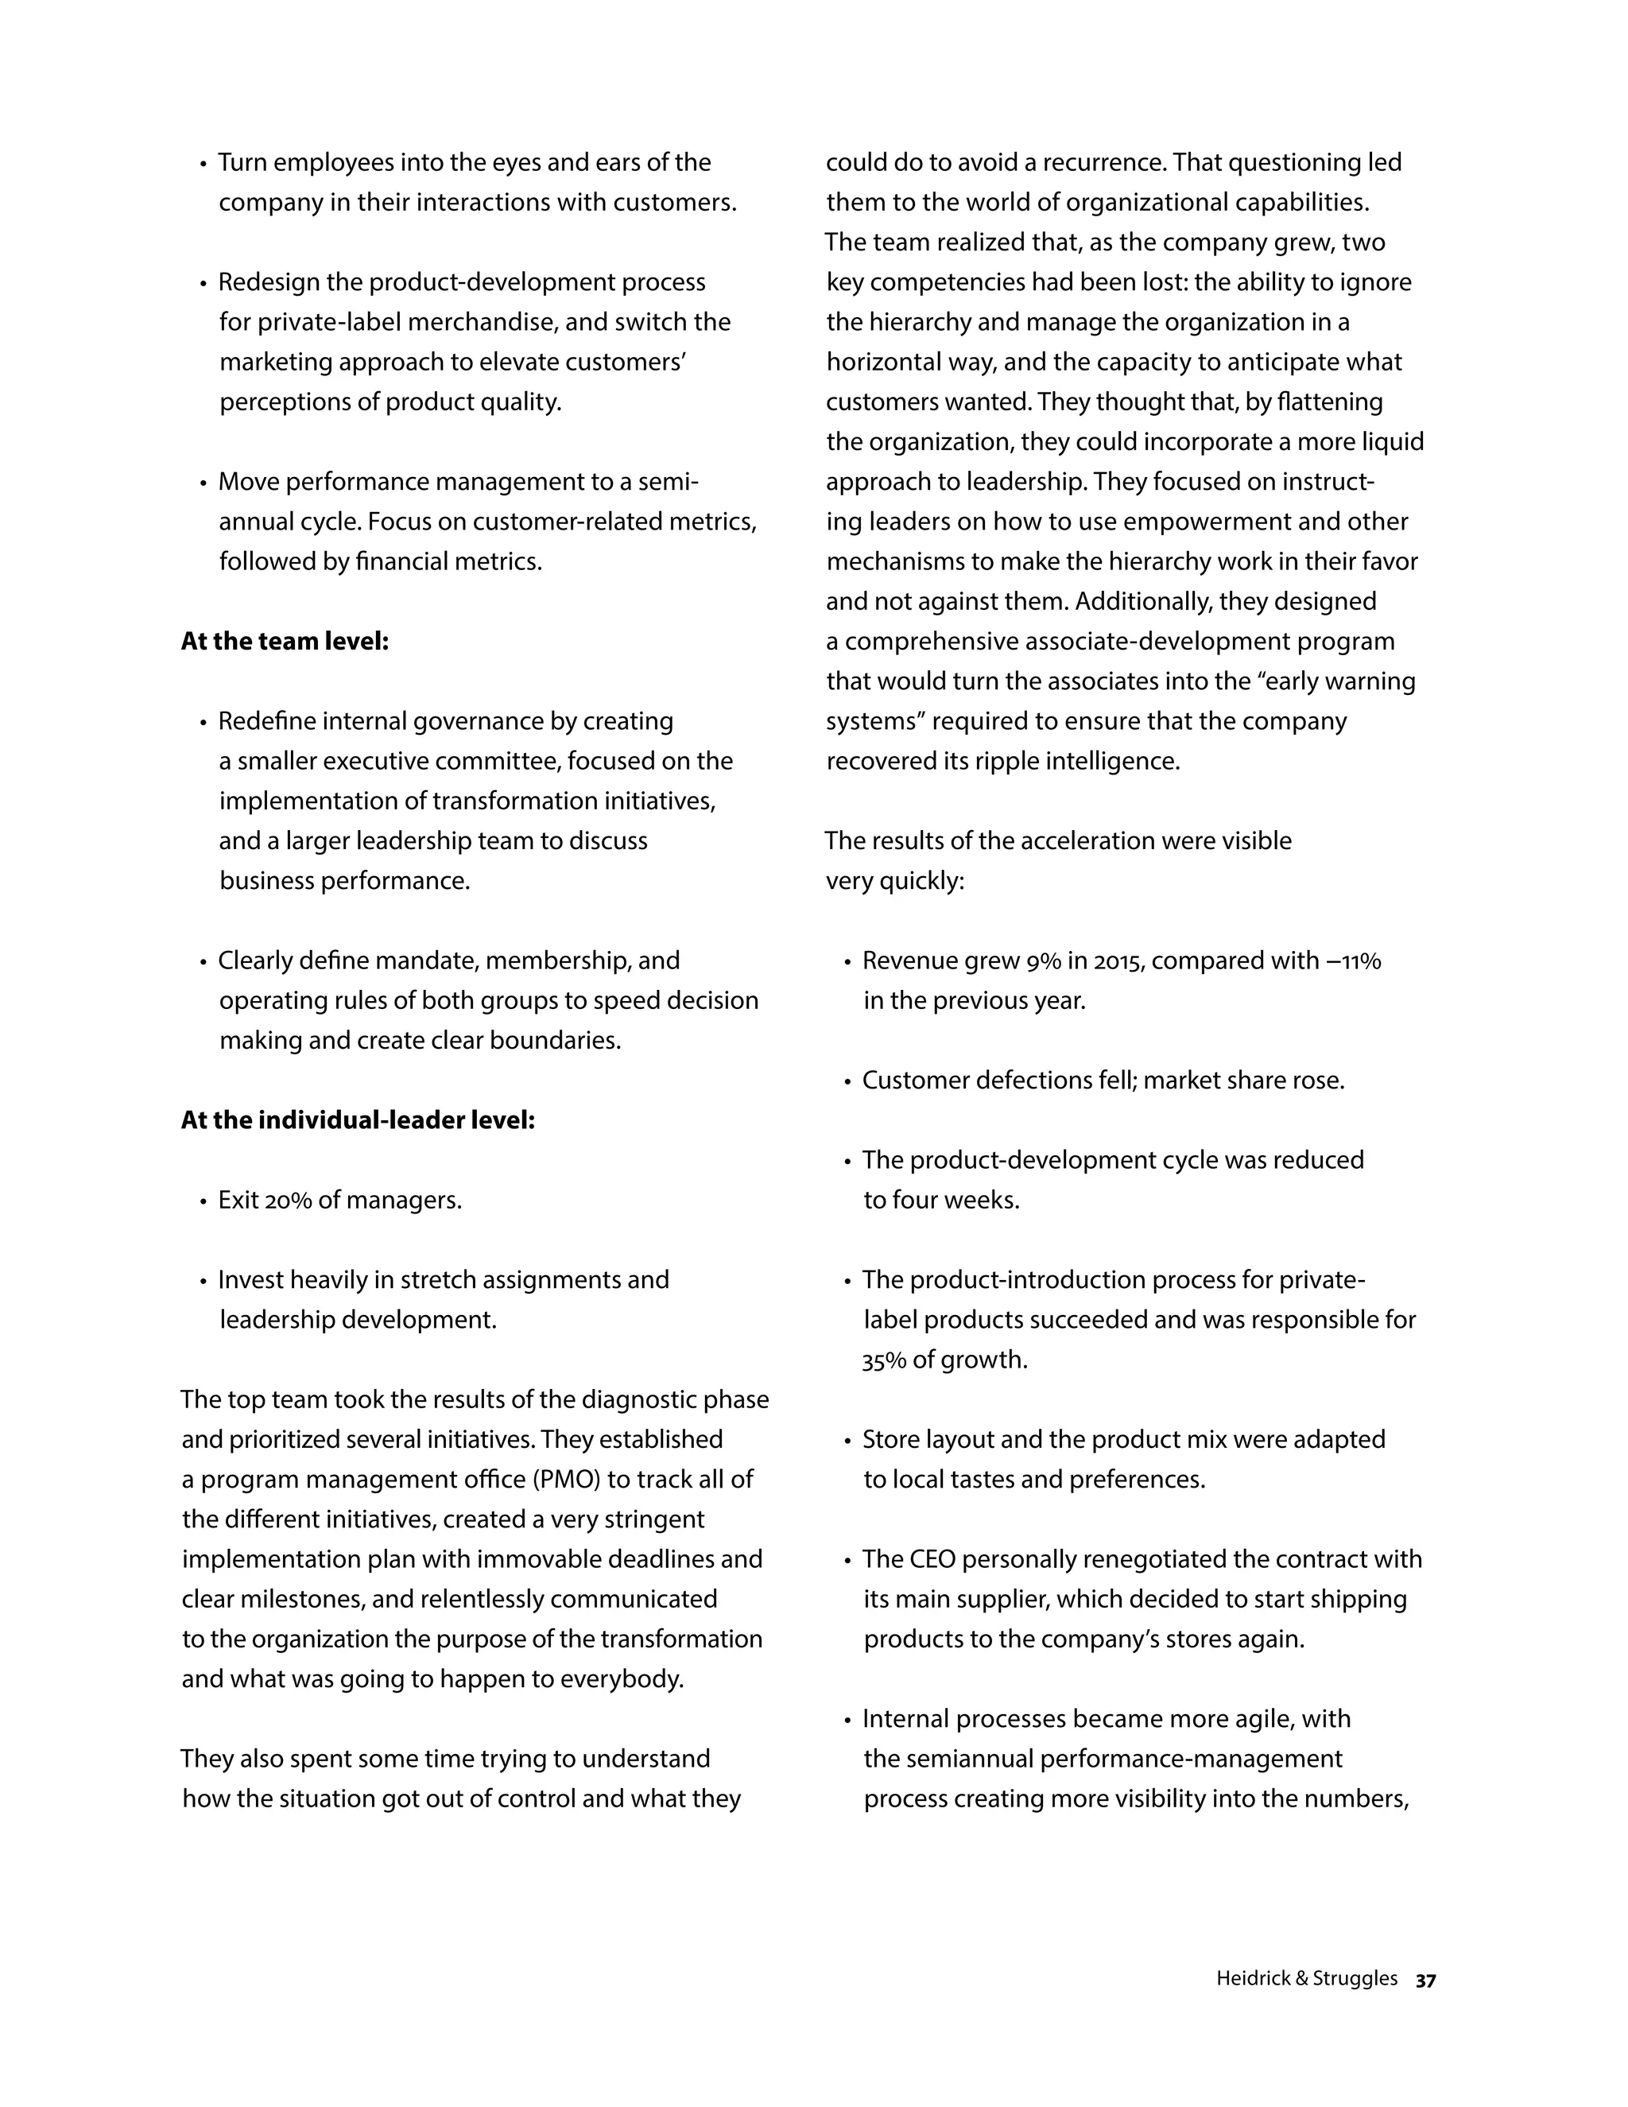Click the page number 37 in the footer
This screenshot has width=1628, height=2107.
click(x=1425, y=1981)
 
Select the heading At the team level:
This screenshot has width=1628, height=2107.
click(x=285, y=642)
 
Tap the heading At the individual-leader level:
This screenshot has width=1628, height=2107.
click(x=358, y=1120)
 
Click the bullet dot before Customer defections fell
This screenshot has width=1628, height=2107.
click(x=847, y=1081)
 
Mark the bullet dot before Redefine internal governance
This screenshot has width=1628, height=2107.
click(x=203, y=723)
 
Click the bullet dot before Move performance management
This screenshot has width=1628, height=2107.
click(x=203, y=483)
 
